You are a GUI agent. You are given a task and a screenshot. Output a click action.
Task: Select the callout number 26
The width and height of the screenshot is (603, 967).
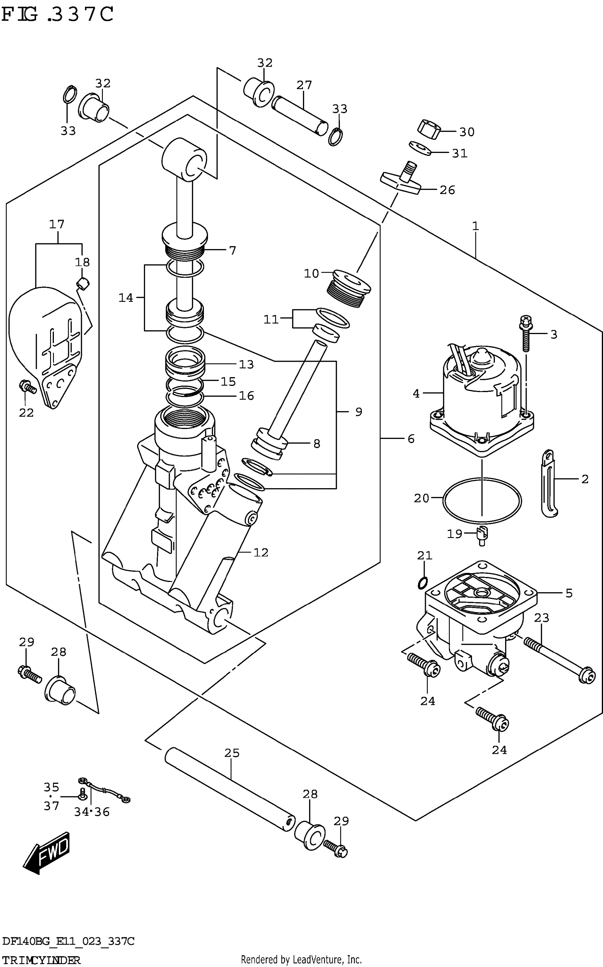tap(447, 190)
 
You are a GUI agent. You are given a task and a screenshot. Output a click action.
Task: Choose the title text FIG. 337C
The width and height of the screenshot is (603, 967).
tap(58, 15)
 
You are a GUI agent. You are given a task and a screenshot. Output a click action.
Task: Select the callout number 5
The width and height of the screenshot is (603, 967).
tap(569, 593)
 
